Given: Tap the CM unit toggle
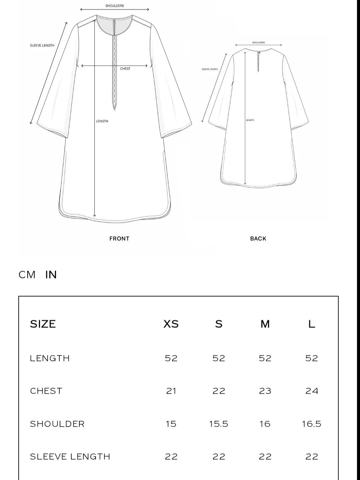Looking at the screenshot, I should click(27, 275).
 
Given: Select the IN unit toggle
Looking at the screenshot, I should click(51, 275).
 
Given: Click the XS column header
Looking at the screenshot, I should click(171, 324).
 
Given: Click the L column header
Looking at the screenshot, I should click(312, 324).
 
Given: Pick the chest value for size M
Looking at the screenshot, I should click(265, 391).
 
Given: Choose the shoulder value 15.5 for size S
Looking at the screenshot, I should click(219, 424).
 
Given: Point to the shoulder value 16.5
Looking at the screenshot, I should click(312, 424).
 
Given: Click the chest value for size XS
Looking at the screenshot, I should click(171, 391).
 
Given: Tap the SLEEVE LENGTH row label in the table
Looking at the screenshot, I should click(70, 457).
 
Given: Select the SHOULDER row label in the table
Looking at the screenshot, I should click(57, 424).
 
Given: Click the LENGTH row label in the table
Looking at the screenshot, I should click(50, 358).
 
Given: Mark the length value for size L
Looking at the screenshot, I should click(312, 358).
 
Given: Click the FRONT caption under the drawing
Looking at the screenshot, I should click(119, 239).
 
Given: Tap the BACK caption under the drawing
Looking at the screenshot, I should click(258, 239).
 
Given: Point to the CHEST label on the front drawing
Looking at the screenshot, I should click(125, 69).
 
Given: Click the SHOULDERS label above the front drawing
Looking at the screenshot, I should click(115, 6).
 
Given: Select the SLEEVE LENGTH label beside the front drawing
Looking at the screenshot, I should click(42, 46).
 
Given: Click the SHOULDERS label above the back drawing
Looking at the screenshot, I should click(259, 43).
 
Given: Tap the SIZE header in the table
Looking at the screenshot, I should click(43, 324).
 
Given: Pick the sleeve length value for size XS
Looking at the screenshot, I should click(171, 457).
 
